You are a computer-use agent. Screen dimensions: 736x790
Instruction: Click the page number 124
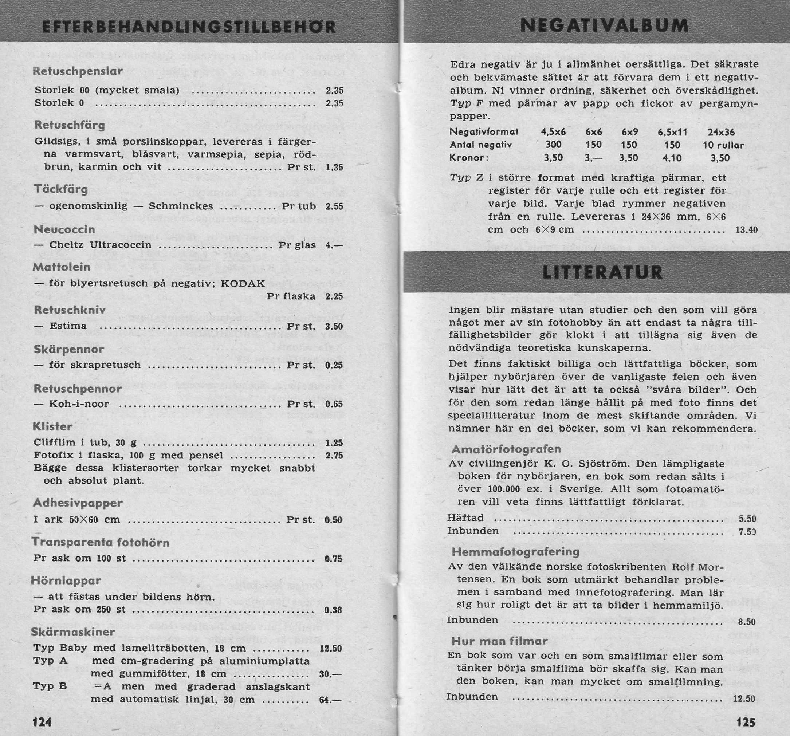[42, 721]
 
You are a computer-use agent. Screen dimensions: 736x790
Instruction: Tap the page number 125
[746, 722]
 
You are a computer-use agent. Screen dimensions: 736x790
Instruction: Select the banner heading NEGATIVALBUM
[604, 26]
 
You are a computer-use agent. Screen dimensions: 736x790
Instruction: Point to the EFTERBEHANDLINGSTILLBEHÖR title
[189, 27]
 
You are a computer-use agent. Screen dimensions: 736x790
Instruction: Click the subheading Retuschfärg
[70, 125]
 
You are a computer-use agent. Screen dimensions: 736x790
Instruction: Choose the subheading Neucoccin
[64, 229]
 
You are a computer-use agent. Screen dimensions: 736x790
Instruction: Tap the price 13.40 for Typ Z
[746, 230]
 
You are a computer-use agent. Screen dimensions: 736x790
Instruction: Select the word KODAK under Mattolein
[243, 283]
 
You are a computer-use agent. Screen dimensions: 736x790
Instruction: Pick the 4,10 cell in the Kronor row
[672, 158]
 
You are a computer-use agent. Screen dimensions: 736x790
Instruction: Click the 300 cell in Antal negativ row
[554, 145]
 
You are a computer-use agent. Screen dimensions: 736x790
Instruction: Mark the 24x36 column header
[721, 132]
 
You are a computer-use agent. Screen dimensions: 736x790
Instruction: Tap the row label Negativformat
[484, 131]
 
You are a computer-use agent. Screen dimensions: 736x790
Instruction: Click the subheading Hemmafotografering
[515, 551]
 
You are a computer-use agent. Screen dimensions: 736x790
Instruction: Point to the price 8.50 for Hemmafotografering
[746, 622]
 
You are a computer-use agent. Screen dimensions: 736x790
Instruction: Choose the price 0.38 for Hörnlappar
[333, 610]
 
